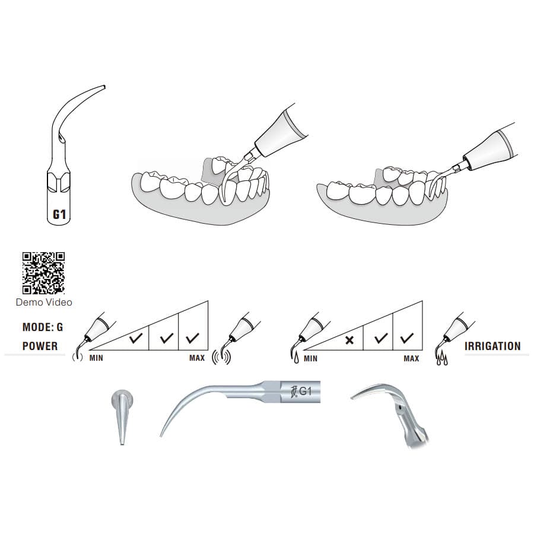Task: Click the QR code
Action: [x=43, y=273]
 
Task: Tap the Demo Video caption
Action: [x=44, y=303]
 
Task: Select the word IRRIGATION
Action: [x=492, y=346]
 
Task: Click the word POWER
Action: [x=40, y=346]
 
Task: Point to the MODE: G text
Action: [x=42, y=327]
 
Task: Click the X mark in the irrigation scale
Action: [x=350, y=341]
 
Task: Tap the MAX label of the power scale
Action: [x=197, y=358]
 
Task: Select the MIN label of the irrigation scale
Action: [x=310, y=358]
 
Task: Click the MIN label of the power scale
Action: [x=97, y=358]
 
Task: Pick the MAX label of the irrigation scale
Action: [x=411, y=358]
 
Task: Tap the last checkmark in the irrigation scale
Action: [x=407, y=339]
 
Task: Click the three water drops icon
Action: [x=442, y=360]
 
